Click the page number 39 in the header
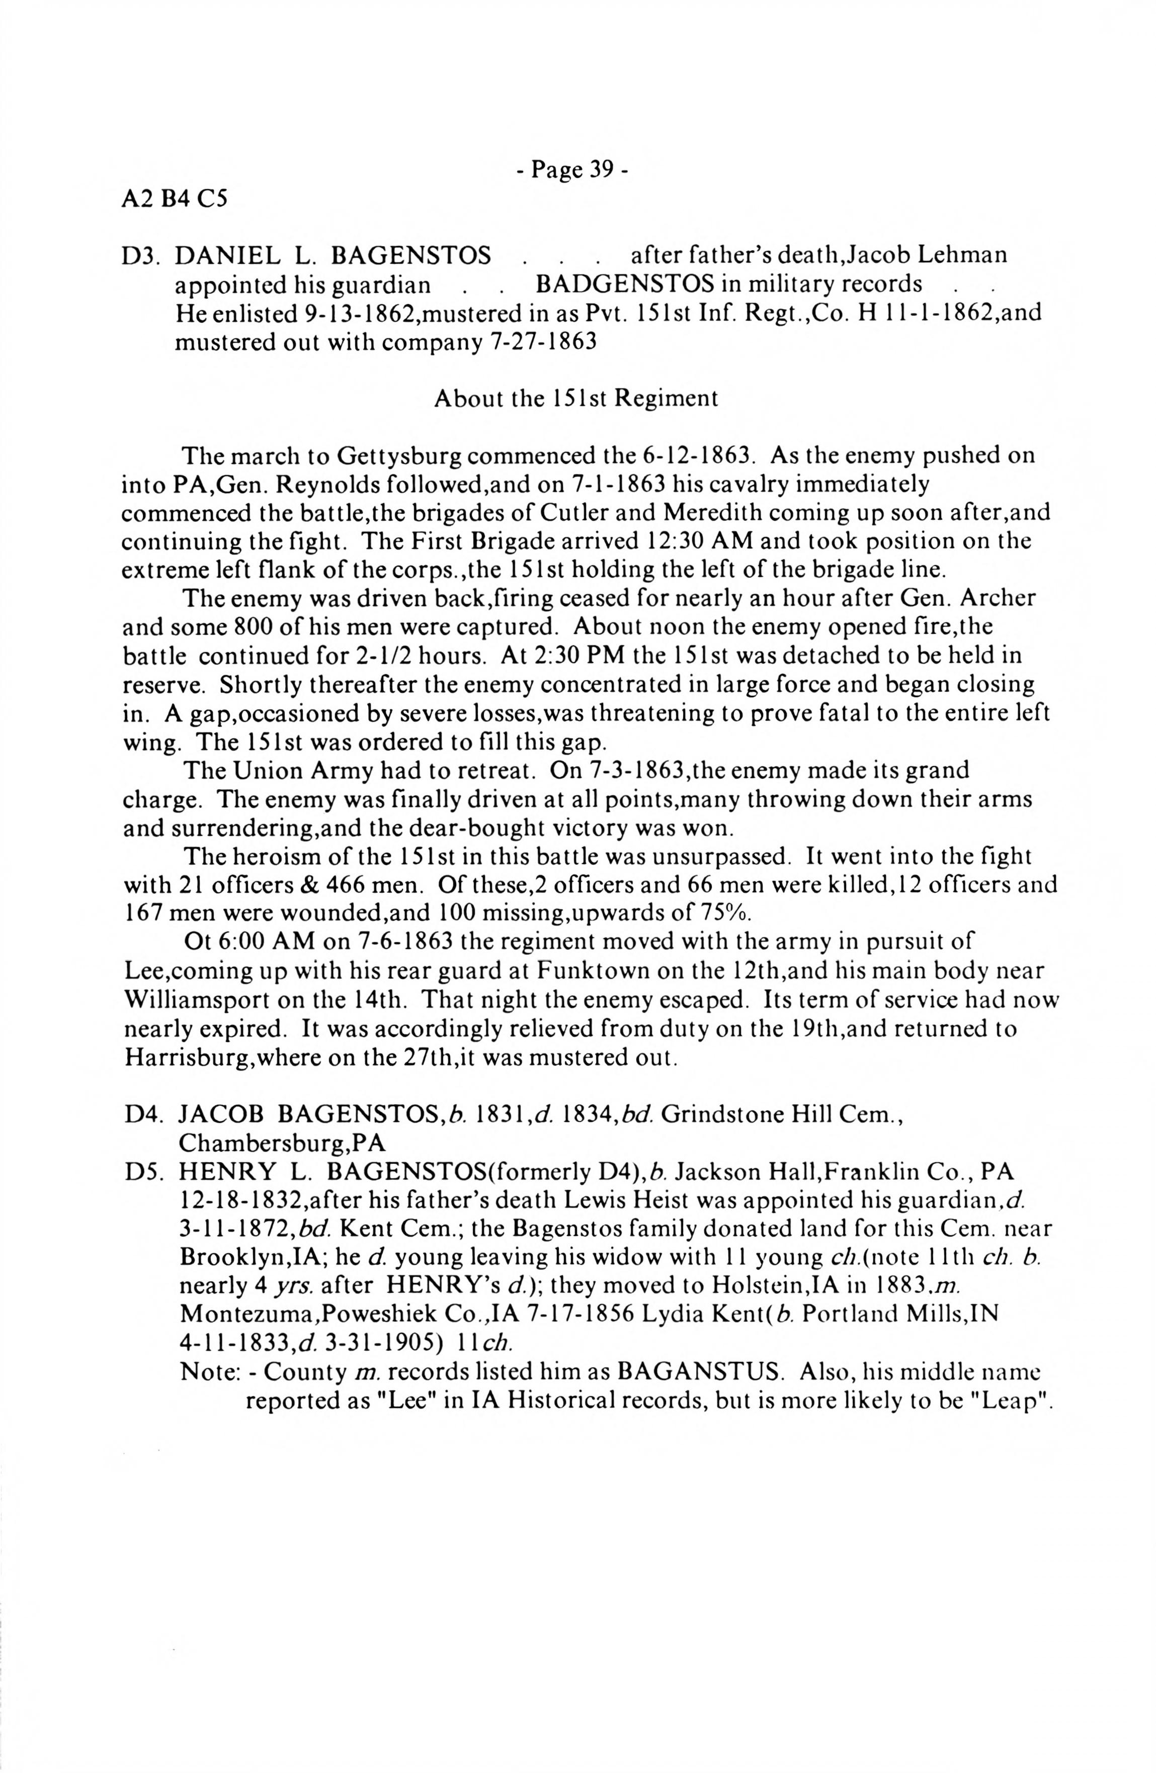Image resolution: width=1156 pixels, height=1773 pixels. pos(601,170)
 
